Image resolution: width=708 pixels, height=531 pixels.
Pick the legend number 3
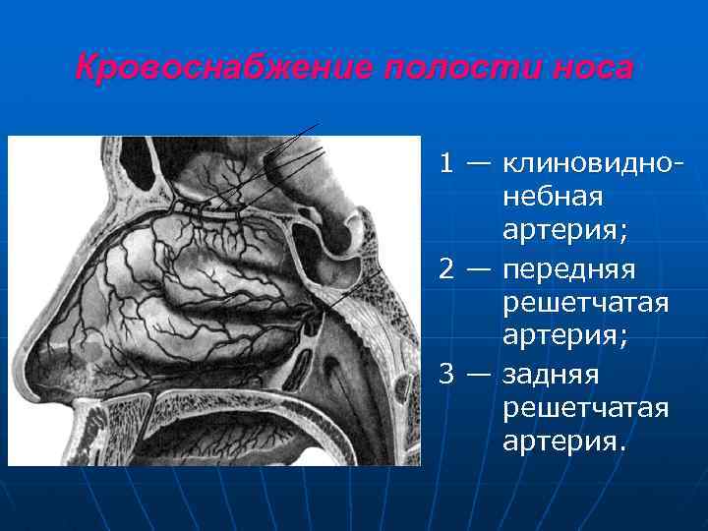[x=447, y=375]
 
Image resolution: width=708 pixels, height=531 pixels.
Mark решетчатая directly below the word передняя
[x=585, y=304]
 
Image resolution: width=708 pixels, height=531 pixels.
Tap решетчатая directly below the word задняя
[x=585, y=409]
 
